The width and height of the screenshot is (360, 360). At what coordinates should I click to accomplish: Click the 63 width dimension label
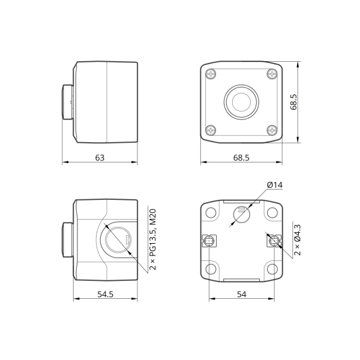click(100, 158)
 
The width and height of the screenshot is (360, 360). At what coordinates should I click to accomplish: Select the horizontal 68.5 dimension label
click(241, 158)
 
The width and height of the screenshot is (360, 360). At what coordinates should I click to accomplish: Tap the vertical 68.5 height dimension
click(293, 102)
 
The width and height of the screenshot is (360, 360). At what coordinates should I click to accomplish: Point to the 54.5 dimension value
click(106, 294)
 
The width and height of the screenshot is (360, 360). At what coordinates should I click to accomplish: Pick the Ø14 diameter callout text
click(275, 185)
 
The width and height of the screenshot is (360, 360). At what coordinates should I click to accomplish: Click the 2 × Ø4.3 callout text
click(297, 240)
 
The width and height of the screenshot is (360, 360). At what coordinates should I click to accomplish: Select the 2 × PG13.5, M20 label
click(152, 239)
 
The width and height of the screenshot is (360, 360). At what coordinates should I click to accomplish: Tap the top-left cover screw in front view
click(211, 74)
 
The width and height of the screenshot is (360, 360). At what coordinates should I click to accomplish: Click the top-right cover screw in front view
click(272, 74)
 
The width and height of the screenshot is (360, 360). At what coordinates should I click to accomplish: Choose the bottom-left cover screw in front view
click(211, 130)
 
